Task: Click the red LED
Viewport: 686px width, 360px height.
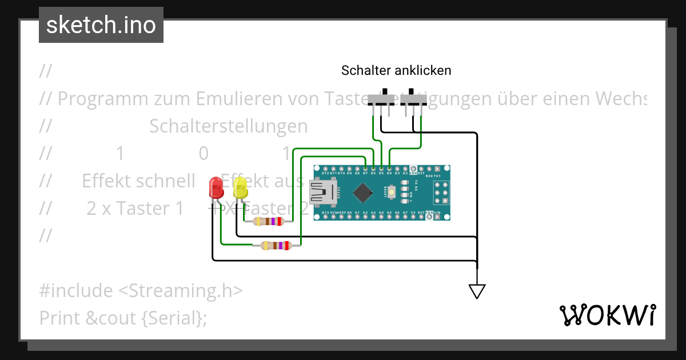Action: [x=216, y=188]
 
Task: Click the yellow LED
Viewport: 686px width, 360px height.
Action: [x=240, y=189]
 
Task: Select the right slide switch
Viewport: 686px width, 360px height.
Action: [x=413, y=99]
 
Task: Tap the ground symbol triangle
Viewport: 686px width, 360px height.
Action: [x=477, y=291]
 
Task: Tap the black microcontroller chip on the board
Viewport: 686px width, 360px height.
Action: [x=363, y=193]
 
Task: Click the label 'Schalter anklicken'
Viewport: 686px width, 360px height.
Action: [x=396, y=70]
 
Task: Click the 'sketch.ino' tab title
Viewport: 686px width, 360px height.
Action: [x=101, y=25]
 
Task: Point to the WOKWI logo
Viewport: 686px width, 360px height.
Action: [x=608, y=315]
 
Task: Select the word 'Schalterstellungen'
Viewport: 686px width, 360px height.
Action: [x=228, y=126]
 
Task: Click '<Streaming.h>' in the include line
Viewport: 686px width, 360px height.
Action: [x=180, y=291]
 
